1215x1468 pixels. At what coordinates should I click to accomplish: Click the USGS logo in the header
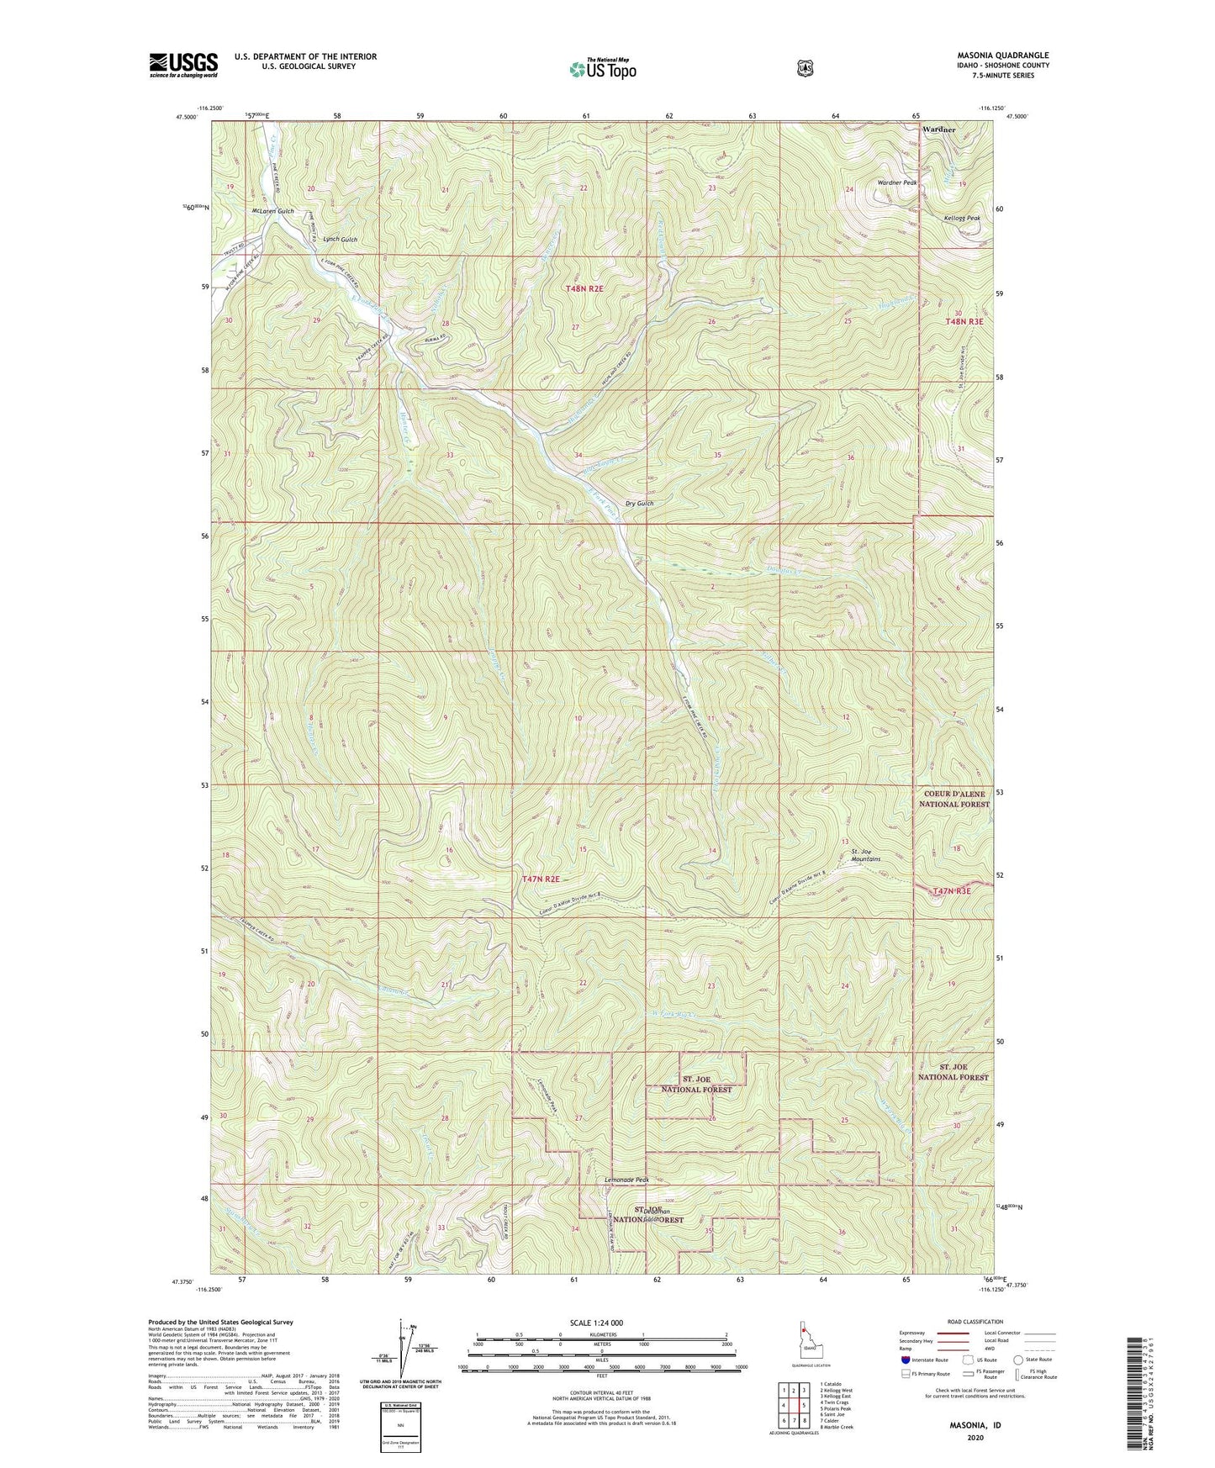[x=183, y=64]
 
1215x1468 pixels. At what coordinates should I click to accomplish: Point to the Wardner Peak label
[x=896, y=182]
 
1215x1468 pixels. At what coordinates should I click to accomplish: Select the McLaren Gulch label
[x=272, y=211]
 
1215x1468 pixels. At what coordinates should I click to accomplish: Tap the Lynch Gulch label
[x=340, y=240]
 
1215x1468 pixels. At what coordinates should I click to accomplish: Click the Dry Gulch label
[x=639, y=504]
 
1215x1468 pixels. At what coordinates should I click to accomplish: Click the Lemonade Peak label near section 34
[x=626, y=1180]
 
